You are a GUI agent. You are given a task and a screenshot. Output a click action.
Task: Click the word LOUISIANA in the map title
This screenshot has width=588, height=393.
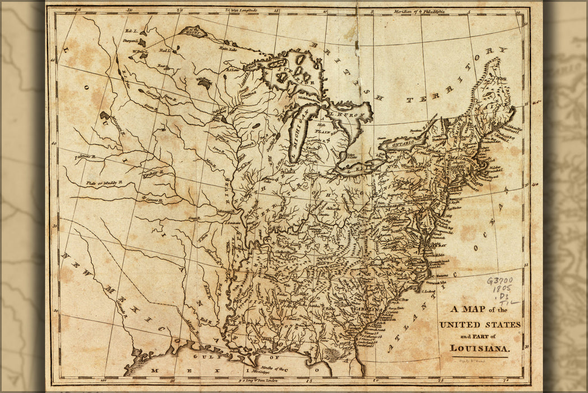[480, 348]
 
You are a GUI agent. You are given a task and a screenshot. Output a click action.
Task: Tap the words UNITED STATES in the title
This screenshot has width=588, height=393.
[480, 325]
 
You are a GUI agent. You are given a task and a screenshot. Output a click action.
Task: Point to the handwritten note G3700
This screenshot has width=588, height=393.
[499, 281]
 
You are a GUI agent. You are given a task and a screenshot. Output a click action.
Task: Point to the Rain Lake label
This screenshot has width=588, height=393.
[228, 49]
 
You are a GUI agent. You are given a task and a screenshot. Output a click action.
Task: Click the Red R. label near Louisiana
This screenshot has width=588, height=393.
[206, 322]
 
